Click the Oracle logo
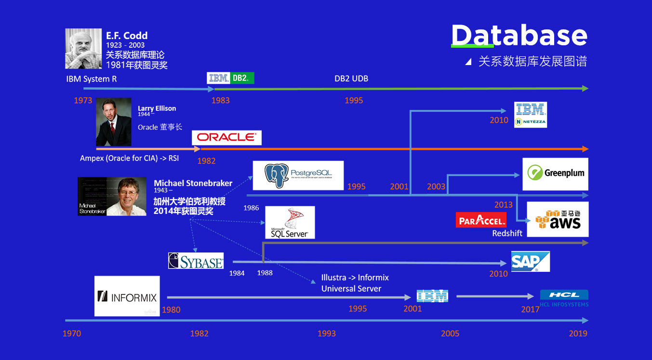coord(226,137)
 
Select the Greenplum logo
coord(555,173)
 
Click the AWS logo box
coord(558,220)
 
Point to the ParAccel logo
coord(480,220)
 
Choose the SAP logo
coord(530,261)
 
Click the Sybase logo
coord(196,261)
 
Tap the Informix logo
coord(127,296)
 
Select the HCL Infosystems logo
coord(564,298)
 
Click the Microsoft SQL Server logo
coord(290,223)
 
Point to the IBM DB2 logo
coord(230,78)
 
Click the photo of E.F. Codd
coord(83,49)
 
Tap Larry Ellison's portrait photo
coord(113,122)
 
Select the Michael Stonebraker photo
coord(112,196)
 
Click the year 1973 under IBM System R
coord(83,101)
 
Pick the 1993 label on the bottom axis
coord(326,333)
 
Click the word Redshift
coord(507,233)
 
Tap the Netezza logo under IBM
coord(530,122)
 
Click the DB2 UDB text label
coord(351,79)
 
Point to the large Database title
coord(519,36)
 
